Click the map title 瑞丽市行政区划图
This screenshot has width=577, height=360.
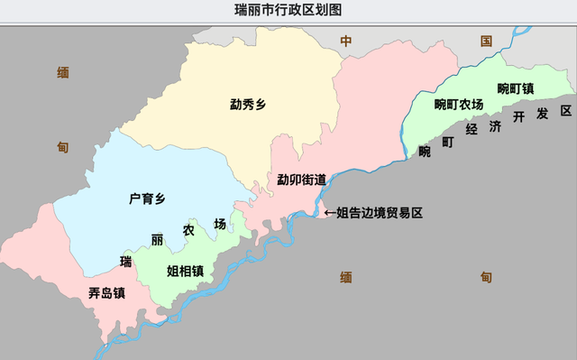(288, 10)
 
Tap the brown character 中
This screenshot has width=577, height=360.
(345, 41)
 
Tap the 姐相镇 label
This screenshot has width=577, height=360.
(185, 270)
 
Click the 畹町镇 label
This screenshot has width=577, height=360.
(517, 88)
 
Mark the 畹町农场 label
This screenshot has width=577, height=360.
(459, 105)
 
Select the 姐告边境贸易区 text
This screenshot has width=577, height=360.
(380, 213)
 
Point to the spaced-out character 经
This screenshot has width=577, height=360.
(472, 128)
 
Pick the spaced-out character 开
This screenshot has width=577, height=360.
(518, 117)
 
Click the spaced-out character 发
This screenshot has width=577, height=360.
(543, 115)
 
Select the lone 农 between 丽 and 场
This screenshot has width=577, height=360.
(188, 231)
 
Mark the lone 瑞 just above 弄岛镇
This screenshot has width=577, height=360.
(126, 262)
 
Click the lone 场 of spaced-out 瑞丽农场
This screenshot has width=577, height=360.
(220, 224)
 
